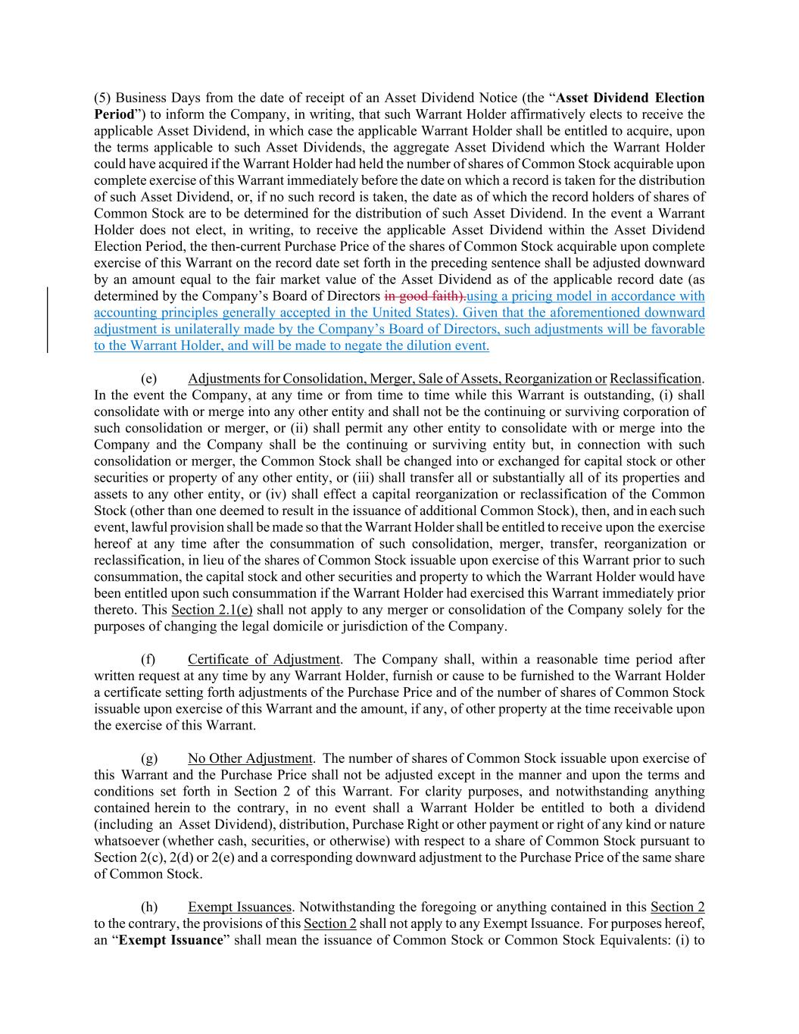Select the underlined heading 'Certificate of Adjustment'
(x=264, y=659)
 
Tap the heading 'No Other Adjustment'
(x=250, y=758)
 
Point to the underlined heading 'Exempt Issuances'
(x=239, y=907)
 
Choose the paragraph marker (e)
(x=149, y=379)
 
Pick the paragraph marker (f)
(x=148, y=659)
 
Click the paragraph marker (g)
(x=149, y=758)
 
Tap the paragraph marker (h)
(x=149, y=907)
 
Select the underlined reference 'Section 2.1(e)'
(x=212, y=610)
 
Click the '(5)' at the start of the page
(x=103, y=98)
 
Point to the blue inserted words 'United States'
(x=416, y=313)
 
